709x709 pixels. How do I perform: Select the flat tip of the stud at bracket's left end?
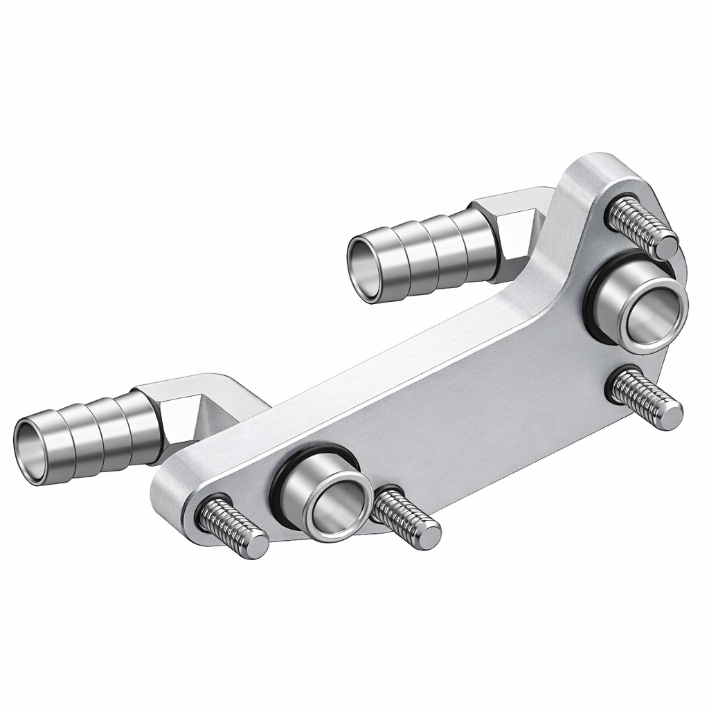pos(257,546)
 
